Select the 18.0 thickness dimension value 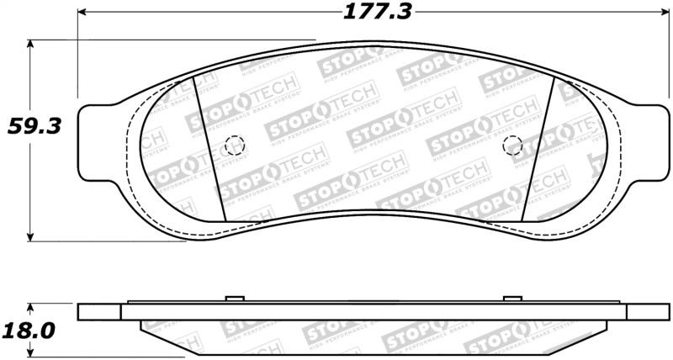[x=27, y=330]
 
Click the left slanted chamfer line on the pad [x=209, y=147]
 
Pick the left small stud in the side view [x=234, y=299]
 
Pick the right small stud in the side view [x=511, y=299]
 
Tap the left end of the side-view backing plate [x=82, y=311]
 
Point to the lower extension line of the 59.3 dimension [x=109, y=241]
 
